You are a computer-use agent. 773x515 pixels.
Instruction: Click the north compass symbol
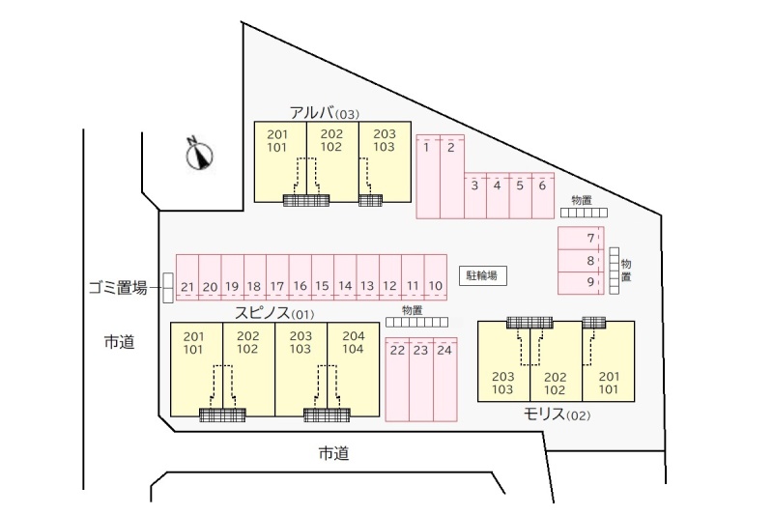click(199, 155)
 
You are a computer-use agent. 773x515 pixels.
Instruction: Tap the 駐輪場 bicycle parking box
click(482, 275)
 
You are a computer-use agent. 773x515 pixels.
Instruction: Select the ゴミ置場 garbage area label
click(118, 287)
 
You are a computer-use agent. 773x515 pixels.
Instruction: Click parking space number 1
click(428, 177)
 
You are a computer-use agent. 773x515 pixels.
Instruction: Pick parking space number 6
click(543, 195)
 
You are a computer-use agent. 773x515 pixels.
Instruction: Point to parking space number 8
click(581, 260)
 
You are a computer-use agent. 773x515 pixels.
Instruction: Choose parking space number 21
click(187, 277)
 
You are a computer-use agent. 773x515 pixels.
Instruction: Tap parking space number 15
click(323, 277)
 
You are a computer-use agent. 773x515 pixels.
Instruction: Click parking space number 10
click(436, 277)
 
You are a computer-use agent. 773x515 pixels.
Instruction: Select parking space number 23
click(421, 380)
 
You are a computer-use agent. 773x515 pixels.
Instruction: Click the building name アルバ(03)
click(325, 113)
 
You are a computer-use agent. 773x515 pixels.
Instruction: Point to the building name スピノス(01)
click(274, 313)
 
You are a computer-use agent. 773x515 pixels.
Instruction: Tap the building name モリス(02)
click(558, 415)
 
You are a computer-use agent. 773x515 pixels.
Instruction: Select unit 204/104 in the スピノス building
click(354, 370)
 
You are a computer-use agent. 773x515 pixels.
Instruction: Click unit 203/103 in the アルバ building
click(385, 161)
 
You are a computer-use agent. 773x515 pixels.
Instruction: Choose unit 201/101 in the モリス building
click(609, 361)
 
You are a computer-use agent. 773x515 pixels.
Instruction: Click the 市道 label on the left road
click(119, 341)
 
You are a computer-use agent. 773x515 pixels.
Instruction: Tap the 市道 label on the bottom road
click(333, 453)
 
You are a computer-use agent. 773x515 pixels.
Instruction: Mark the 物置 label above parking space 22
click(413, 310)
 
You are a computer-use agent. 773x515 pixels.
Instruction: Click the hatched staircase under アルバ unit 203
click(370, 200)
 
